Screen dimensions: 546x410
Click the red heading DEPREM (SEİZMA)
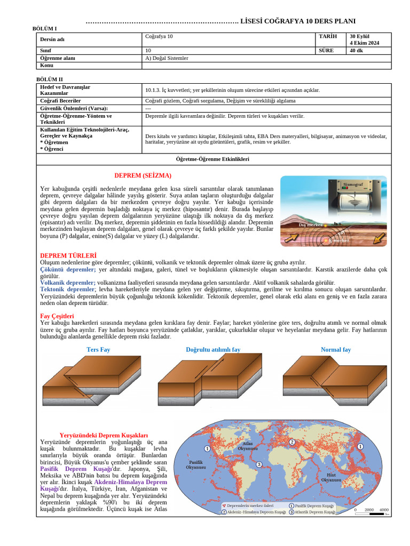[143, 175]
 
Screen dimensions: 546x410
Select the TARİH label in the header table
[328, 36]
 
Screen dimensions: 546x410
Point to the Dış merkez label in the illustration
[310, 225]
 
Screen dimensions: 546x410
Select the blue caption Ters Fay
[98, 350]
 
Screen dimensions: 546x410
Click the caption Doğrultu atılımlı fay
[213, 350]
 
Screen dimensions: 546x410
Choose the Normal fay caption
[336, 350]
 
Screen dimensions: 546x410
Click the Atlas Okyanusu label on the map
[248, 446]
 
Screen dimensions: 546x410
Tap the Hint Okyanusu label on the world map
[331, 477]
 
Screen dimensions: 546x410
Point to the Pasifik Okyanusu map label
[196, 464]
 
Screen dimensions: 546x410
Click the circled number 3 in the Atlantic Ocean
[259, 464]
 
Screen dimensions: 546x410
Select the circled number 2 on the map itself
[292, 442]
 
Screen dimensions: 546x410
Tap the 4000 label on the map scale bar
[383, 510]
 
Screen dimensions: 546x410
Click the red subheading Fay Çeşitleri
[57, 316]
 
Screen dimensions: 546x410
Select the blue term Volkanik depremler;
[68, 283]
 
